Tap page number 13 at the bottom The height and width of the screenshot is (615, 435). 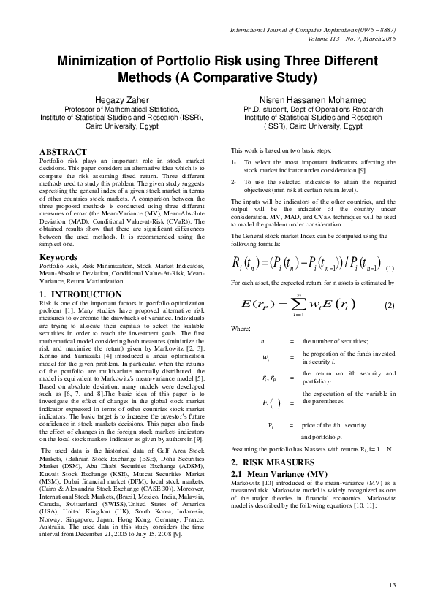(392, 584)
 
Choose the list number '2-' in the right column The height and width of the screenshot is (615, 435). (233, 180)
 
